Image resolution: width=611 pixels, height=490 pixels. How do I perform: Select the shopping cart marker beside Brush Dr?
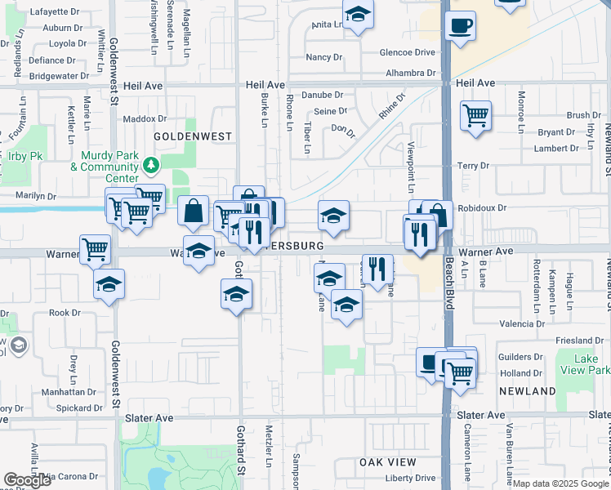(475, 114)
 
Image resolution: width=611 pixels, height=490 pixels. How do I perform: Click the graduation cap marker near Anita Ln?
(358, 15)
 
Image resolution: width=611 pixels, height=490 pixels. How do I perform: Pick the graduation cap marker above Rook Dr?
(109, 285)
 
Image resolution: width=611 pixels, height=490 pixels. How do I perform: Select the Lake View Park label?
(580, 363)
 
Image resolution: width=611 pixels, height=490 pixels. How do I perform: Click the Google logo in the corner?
(27, 480)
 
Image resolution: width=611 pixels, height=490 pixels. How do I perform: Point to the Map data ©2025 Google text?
(561, 483)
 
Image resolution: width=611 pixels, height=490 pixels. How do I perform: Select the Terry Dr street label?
(473, 166)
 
